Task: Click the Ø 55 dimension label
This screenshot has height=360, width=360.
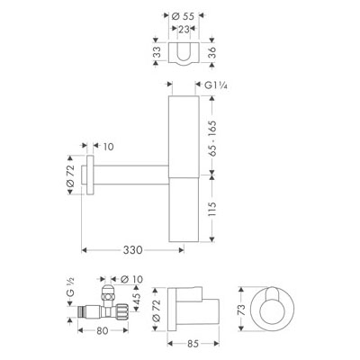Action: tap(183, 16)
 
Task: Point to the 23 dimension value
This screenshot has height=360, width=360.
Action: tap(184, 29)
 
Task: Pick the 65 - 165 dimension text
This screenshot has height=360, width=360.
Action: tap(212, 139)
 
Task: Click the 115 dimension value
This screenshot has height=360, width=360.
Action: tap(211, 209)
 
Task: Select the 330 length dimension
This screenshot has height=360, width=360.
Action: tap(132, 250)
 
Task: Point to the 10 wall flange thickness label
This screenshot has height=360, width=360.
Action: tap(108, 147)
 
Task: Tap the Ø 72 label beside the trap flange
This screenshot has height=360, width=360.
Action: tap(70, 175)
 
